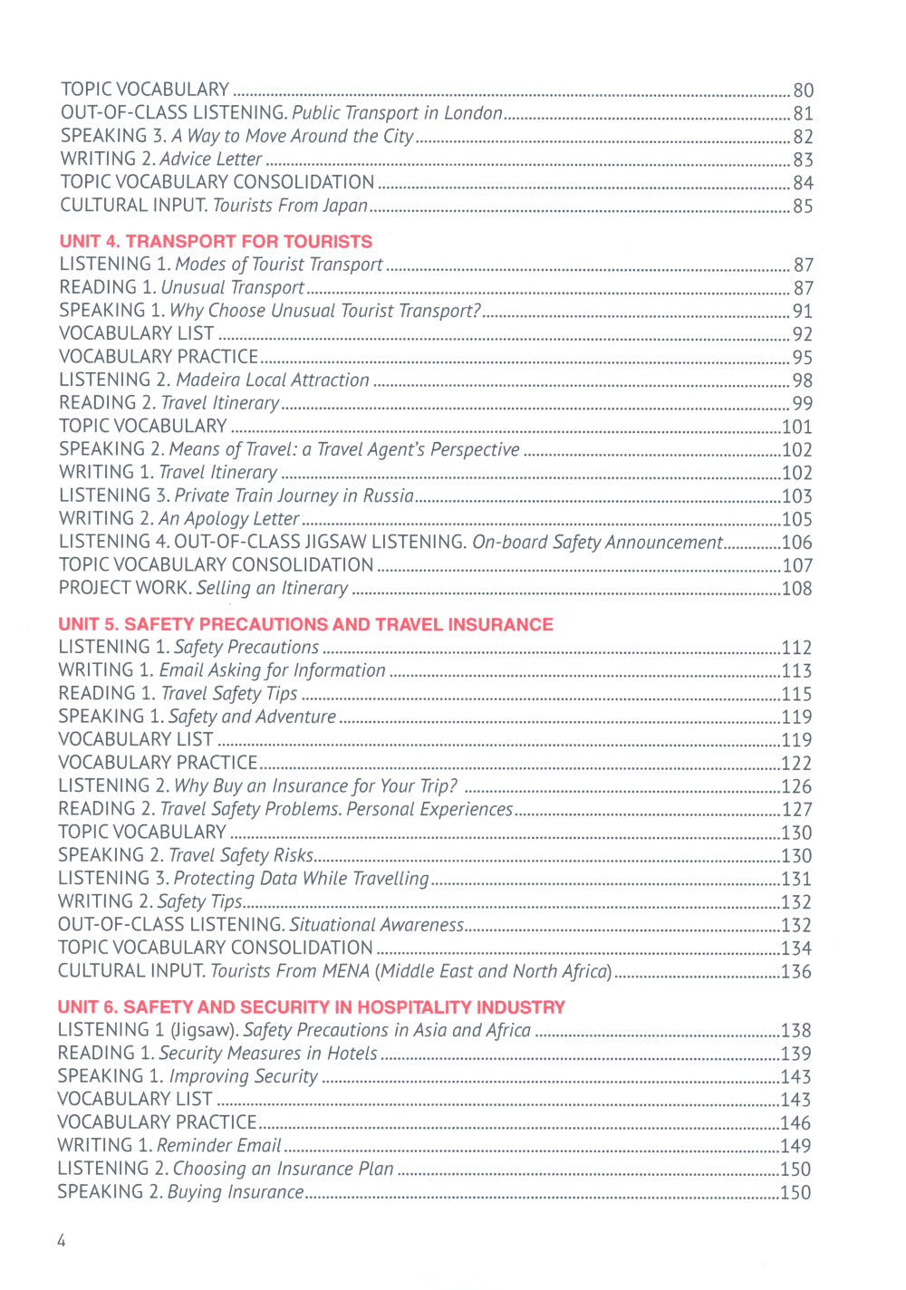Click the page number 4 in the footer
click(62, 1241)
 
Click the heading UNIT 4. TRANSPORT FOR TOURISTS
click(216, 242)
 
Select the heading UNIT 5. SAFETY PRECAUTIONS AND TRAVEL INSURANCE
click(305, 624)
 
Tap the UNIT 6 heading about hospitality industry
click(311, 1007)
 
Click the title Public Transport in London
click(397, 113)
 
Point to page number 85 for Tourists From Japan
click(803, 207)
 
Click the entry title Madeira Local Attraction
click(273, 380)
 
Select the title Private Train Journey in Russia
click(294, 496)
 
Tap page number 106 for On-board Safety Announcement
click(796, 543)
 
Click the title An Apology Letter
click(228, 519)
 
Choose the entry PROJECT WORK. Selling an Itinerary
click(203, 588)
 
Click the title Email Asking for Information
click(272, 670)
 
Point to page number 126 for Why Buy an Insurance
click(796, 786)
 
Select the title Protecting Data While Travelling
click(301, 879)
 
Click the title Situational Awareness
click(376, 925)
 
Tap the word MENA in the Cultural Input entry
click(345, 971)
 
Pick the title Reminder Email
click(218, 1146)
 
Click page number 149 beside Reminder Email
click(796, 1147)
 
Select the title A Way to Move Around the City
click(292, 137)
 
